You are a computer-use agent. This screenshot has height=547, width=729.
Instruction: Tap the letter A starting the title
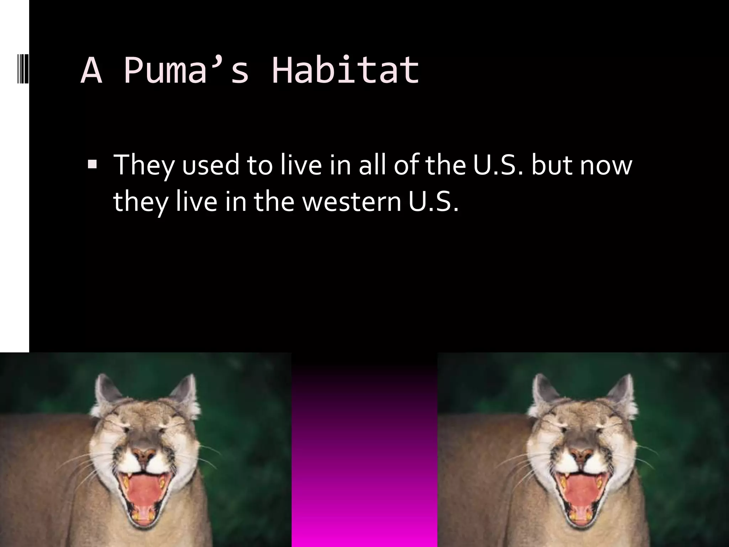[91, 71]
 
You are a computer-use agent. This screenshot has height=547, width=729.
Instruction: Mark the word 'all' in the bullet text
[372, 166]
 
